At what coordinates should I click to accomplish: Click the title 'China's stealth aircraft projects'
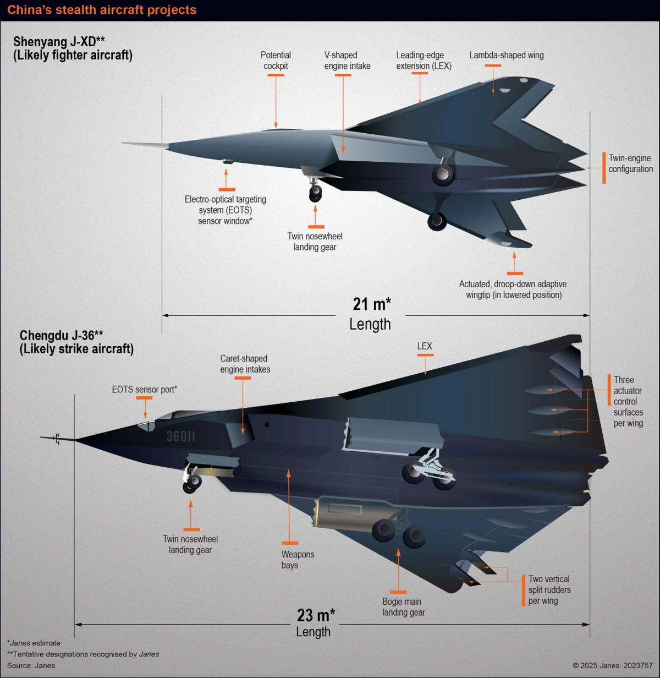[x=102, y=10]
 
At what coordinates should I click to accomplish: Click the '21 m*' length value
[x=372, y=304]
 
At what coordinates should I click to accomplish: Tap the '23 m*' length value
[x=316, y=615]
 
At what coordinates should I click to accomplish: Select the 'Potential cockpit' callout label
[x=276, y=61]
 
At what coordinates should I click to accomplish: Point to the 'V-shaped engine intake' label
[x=347, y=61]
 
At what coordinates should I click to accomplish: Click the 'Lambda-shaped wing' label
[x=507, y=55]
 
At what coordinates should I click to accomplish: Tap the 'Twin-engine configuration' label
[x=630, y=163]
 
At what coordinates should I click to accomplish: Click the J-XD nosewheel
[x=315, y=193]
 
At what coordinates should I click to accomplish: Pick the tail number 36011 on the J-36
[x=180, y=436]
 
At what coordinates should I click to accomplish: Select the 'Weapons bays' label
[x=298, y=560]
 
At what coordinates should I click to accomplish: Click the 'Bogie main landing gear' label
[x=403, y=607]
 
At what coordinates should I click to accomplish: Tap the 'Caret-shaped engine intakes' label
[x=245, y=364]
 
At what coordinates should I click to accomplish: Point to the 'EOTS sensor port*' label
[x=144, y=390]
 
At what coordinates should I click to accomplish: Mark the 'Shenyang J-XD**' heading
[x=58, y=42]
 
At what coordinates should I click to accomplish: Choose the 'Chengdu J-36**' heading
[x=61, y=336]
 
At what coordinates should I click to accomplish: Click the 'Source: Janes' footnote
[x=31, y=665]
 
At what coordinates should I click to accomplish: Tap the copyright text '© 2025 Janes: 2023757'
[x=613, y=665]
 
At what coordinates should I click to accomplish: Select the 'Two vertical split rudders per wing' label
[x=549, y=590]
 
